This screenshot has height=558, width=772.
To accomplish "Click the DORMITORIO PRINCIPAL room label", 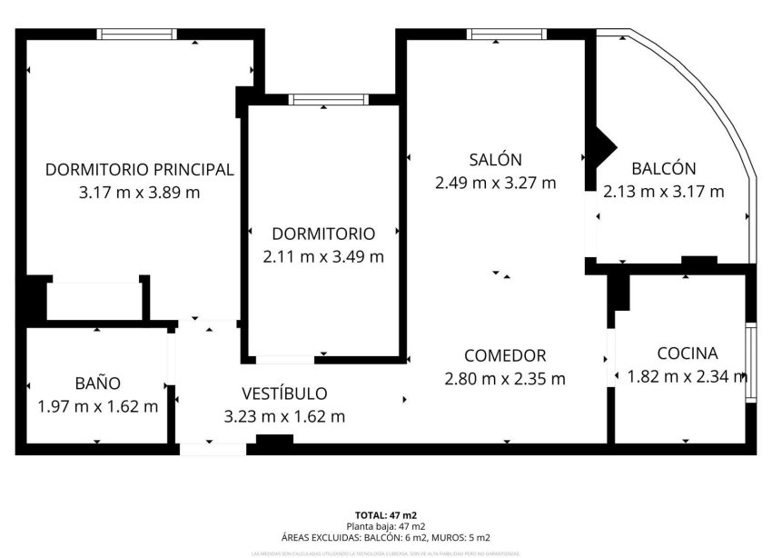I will point(140,169).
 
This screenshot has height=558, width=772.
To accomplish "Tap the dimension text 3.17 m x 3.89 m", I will point(140,192).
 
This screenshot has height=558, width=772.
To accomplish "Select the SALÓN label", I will point(495,160).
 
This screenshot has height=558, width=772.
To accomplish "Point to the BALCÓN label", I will point(663,168).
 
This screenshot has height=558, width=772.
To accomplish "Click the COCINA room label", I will point(688,354).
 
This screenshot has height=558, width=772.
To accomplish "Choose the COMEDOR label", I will point(504,355).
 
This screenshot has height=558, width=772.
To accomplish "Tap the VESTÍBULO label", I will point(284,394).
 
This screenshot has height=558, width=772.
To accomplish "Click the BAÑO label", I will point(97,384).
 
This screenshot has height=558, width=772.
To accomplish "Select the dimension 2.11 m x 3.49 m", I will point(322,256).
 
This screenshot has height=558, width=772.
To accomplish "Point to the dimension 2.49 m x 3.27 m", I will point(495,183).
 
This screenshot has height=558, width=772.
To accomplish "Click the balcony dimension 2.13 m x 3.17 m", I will point(663,191).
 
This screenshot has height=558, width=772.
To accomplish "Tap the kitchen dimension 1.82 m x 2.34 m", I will point(688,376).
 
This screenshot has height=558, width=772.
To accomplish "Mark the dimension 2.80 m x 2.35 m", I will point(504,378).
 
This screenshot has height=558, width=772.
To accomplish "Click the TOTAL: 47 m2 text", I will point(385,515).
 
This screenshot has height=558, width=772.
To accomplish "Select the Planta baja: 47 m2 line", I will point(385,526).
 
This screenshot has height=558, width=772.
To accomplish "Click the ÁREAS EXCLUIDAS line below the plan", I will point(385,537).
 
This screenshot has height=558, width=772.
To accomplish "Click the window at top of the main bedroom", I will point(136,35).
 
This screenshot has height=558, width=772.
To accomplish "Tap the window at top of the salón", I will point(507,35).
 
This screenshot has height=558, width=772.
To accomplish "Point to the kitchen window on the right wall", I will point(750,354).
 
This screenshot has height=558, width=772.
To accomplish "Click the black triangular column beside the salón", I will point(600,146).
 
